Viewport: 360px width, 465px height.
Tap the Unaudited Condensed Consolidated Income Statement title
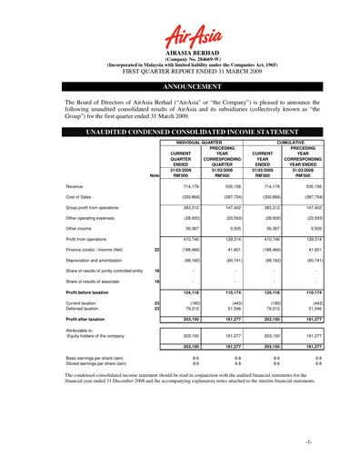point(180,133)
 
